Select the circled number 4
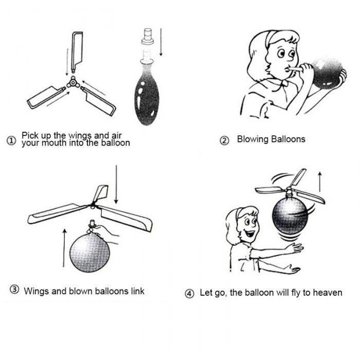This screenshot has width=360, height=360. coord(190,294)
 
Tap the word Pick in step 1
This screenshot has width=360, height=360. coord(30,136)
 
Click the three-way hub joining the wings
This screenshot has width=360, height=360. coord(73,82)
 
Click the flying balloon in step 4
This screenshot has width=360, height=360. coord(289,216)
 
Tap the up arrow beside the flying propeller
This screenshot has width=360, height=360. coord(320,182)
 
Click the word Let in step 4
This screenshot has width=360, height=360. coord(206,293)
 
